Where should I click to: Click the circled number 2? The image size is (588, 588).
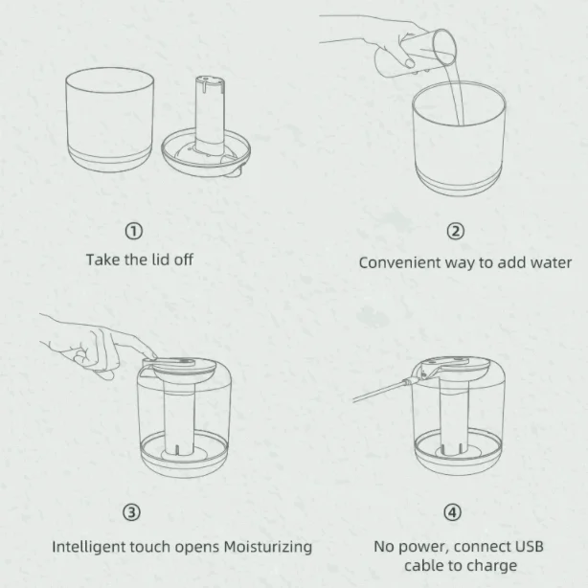pos(456,230)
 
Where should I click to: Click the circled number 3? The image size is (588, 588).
pos(133,512)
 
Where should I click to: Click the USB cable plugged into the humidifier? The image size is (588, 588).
pos(383,390)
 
